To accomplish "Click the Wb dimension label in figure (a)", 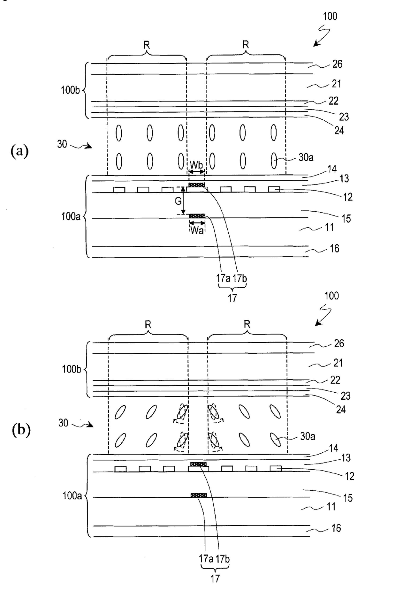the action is tap(196, 165).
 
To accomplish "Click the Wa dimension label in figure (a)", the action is tap(197, 231).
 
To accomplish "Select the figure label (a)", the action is tap(20, 151).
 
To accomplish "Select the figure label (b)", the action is tap(21, 430).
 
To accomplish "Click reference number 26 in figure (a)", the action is tap(337, 64).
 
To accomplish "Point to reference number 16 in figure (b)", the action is tap(336, 528).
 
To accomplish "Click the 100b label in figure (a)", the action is tap(71, 90).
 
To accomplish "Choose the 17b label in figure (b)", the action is tap(223, 559).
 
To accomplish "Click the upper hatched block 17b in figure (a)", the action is tap(197, 185).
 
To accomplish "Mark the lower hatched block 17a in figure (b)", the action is tap(199, 495).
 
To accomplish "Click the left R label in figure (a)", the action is tap(147, 45).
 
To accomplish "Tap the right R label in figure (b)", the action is tap(247, 325).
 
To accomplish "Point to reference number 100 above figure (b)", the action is tap(331, 296).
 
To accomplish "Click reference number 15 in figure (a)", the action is tap(346, 219).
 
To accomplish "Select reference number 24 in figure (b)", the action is tap(341, 409).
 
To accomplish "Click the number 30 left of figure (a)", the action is tap(62, 144).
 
